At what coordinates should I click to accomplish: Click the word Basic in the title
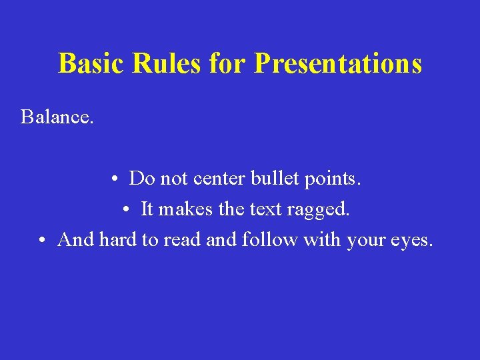coord(90,64)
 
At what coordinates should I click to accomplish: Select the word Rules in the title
coord(167,64)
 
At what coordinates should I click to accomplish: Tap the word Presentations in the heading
coord(338,64)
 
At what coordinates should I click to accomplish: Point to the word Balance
coord(57,117)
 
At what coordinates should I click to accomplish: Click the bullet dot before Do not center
coord(115,179)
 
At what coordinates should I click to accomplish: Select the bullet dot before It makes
coord(127,210)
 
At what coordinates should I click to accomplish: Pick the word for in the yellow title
coord(227,64)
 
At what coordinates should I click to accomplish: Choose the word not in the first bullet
coord(173,179)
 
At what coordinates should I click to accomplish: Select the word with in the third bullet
coord(323,239)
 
